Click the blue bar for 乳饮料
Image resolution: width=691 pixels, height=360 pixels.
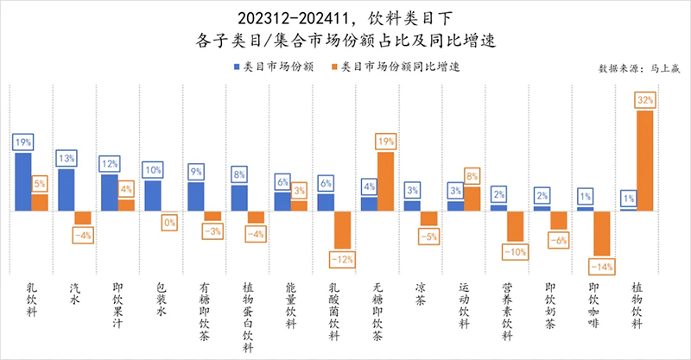22,182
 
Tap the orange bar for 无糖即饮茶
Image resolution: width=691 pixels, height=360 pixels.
384,181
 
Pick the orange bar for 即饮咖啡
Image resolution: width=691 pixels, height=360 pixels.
601,233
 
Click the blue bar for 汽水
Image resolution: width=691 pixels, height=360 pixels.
66,190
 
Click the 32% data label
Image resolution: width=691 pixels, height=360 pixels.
643,100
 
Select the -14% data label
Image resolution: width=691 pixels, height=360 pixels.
601,267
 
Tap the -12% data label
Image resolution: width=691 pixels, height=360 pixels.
341,258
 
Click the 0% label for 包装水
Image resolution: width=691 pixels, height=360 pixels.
168,222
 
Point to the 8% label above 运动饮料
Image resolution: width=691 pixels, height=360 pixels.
472,176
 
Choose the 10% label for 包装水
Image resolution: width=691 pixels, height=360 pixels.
152,170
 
